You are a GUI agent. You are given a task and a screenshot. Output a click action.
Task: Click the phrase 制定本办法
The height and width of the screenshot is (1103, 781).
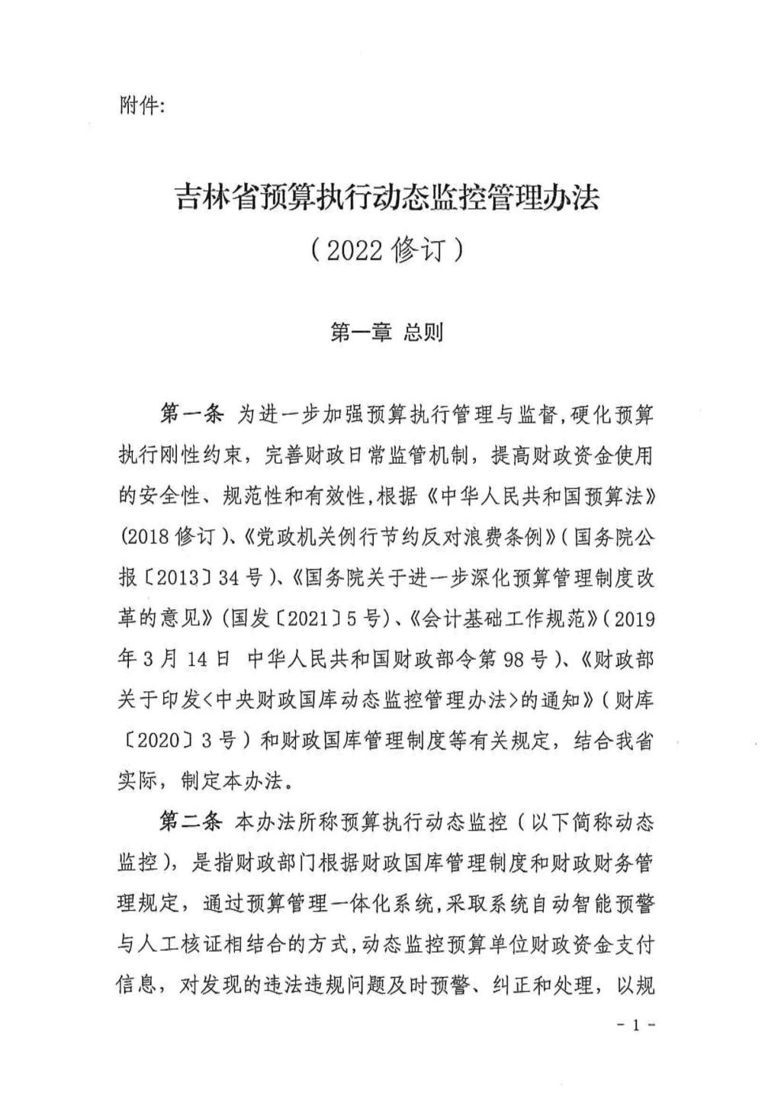click(236, 780)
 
